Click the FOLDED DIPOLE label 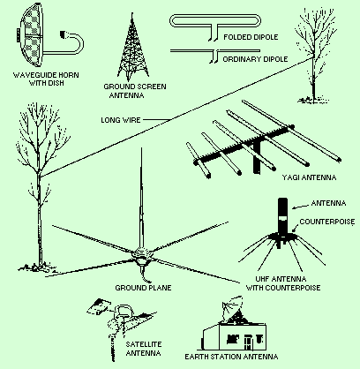coord(251,37)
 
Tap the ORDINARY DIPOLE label coord(255,59)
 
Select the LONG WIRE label coord(121,120)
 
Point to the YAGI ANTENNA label coord(309,177)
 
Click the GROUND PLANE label coord(143,288)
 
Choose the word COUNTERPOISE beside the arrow coord(327,222)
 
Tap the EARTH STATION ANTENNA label coord(231,357)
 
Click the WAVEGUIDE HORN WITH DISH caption coord(46,79)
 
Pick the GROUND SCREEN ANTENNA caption coord(135,91)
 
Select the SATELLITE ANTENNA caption coord(144,349)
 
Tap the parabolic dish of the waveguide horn coord(30,35)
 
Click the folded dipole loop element coord(215,21)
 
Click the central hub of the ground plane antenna coord(142,256)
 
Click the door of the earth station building coord(248,342)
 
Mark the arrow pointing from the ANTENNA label coord(300,206)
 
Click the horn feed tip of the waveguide coord(64,34)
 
